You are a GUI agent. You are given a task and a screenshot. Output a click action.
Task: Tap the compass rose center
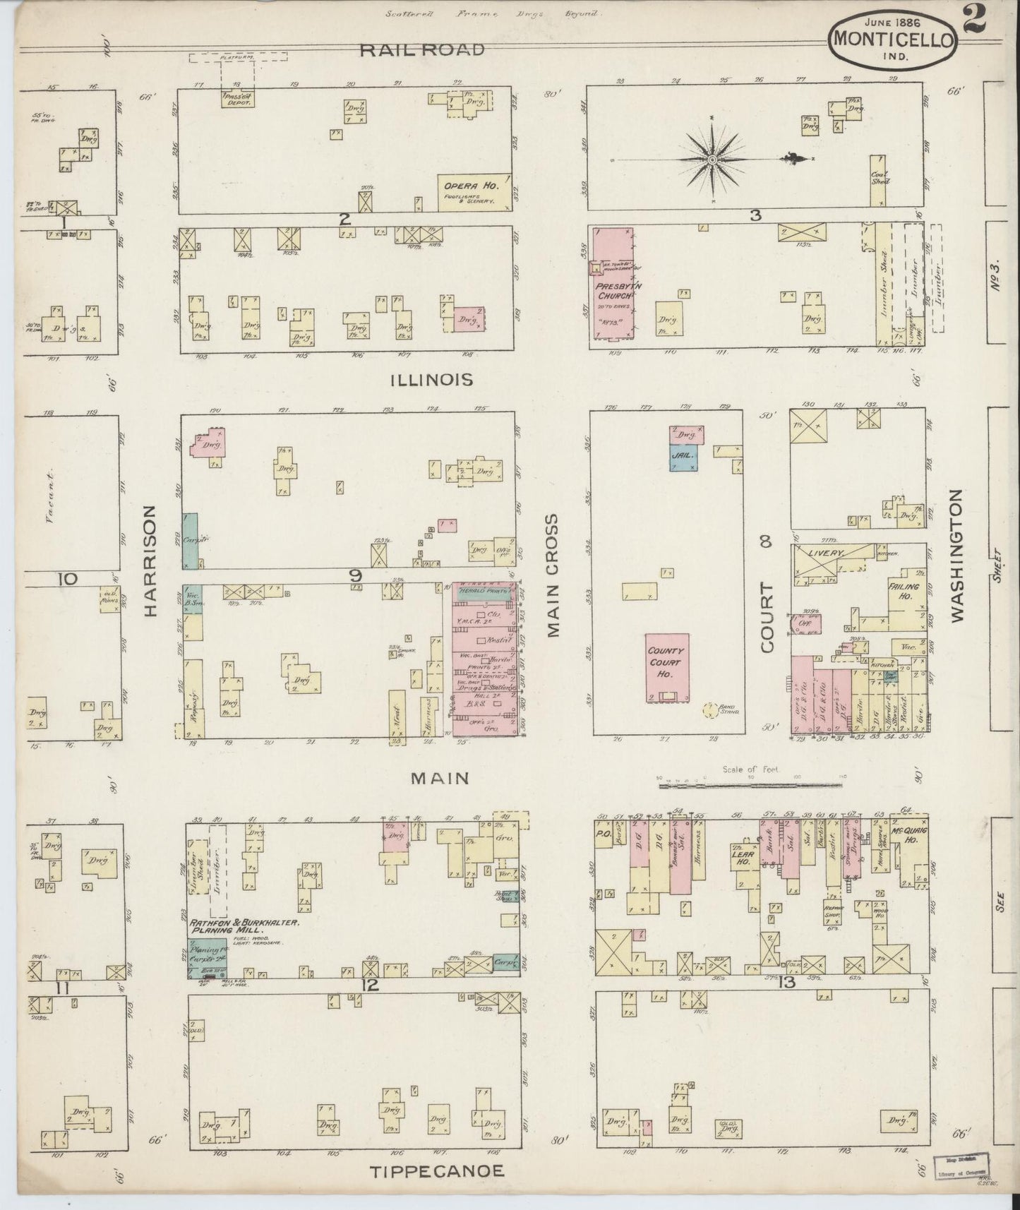pos(713,161)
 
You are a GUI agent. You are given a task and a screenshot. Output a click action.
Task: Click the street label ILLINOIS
pos(431,381)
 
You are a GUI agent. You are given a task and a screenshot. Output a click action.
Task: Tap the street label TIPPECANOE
pos(438,1171)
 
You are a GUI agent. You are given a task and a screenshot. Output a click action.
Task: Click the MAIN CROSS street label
pos(552,575)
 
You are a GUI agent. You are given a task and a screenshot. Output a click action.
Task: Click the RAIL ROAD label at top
pos(421,49)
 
